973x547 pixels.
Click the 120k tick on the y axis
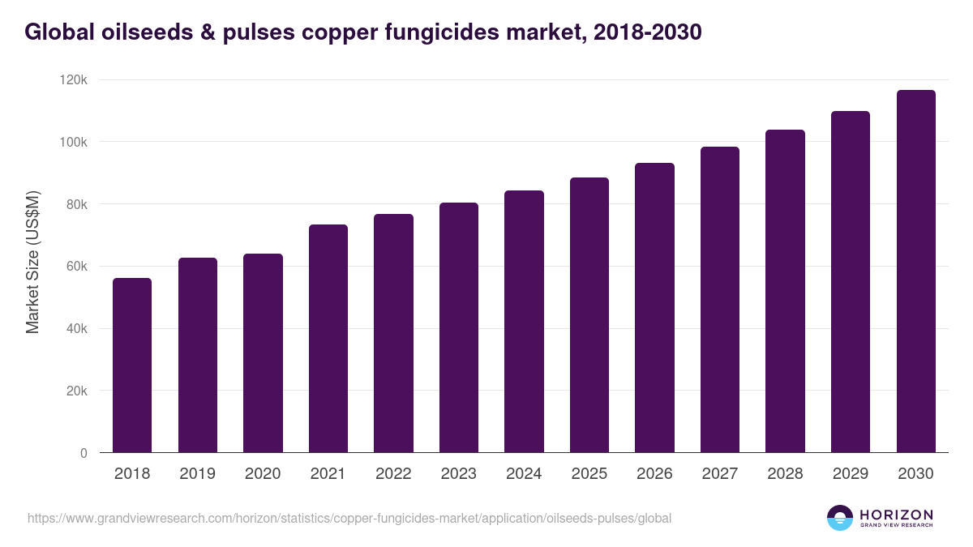click(x=74, y=80)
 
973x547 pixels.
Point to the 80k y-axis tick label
click(x=76, y=204)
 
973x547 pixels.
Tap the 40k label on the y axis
click(x=76, y=329)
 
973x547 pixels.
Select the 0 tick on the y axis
click(x=84, y=453)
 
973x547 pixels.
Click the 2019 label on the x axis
click(x=197, y=474)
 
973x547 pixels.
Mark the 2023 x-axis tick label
click(x=458, y=474)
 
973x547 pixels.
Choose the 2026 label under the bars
click(x=654, y=474)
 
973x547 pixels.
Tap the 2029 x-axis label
click(x=850, y=474)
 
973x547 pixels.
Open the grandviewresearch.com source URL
click(x=349, y=518)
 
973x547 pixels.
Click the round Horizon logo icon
click(x=840, y=518)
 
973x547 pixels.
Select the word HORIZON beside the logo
click(x=896, y=515)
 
